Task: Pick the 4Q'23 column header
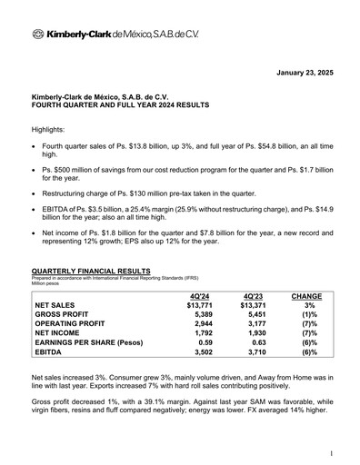(x=254, y=296)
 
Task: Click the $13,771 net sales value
(x=197, y=306)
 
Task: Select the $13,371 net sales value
(x=254, y=306)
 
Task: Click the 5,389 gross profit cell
(x=200, y=317)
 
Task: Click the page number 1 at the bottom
(x=333, y=451)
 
